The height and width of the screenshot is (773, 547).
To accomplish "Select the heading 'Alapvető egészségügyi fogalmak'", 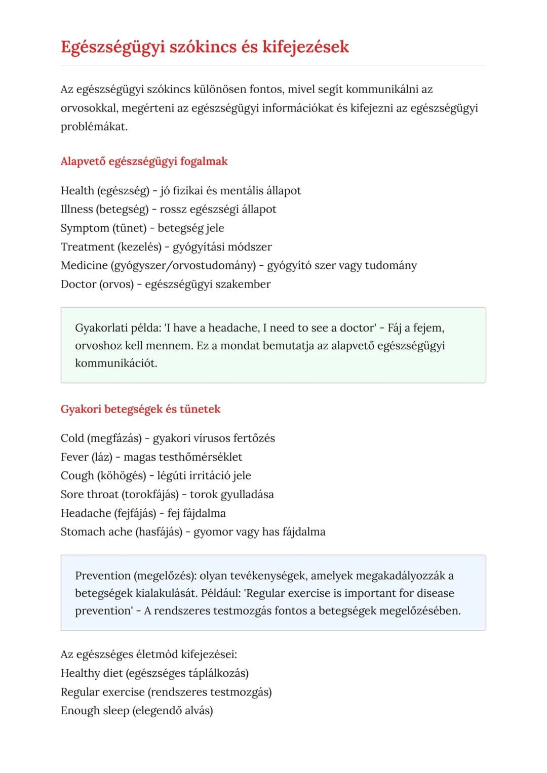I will (x=144, y=161).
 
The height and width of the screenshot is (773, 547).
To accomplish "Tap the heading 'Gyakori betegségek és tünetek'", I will (x=140, y=409).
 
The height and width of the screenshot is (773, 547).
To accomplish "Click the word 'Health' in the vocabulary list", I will (x=77, y=191).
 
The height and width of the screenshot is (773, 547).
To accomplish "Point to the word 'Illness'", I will (x=76, y=210).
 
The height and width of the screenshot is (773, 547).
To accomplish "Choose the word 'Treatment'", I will (x=87, y=247).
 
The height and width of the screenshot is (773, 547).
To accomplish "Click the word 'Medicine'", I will (x=84, y=266).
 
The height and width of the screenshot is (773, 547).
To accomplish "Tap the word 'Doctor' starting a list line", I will (x=78, y=284).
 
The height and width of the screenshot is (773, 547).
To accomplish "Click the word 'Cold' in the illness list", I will (x=72, y=438).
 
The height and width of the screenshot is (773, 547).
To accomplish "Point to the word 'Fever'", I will (x=74, y=457).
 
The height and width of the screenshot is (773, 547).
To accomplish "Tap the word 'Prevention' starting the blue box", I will (x=102, y=576).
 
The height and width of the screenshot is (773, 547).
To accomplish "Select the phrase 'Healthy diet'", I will (x=92, y=673).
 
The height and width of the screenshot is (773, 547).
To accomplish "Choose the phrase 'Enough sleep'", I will (x=95, y=711).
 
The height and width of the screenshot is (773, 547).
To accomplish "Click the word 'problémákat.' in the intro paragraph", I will (x=94, y=127).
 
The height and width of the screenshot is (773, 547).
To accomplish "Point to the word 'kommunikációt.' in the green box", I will (x=116, y=363).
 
